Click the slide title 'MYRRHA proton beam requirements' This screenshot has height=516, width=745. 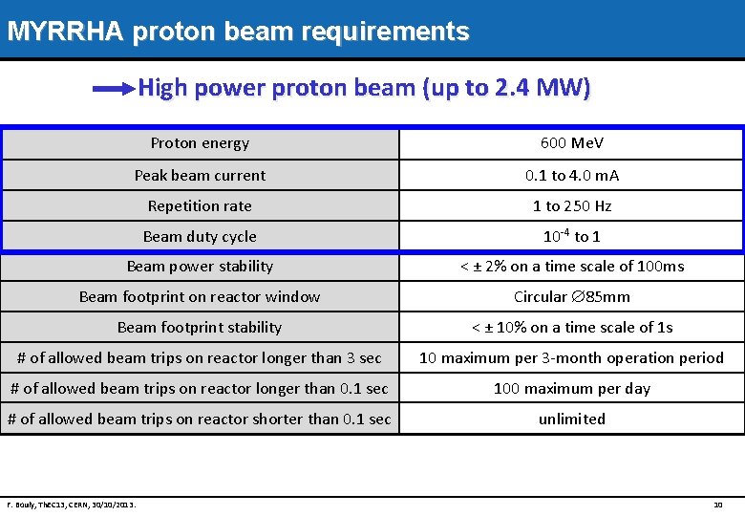[238, 32]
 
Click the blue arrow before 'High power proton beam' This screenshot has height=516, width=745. [114, 89]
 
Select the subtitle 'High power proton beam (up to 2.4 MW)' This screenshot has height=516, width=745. [365, 89]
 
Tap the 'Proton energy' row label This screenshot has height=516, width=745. [200, 143]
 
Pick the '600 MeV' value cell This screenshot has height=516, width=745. [571, 143]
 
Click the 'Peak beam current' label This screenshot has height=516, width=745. [200, 175]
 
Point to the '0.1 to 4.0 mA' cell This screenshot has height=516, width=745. [571, 175]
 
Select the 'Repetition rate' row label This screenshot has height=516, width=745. [200, 205]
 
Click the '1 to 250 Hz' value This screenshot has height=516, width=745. [571, 205]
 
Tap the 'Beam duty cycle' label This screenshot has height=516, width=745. [200, 236]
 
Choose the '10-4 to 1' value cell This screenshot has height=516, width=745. [571, 236]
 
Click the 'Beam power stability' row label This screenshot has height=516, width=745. [200, 267]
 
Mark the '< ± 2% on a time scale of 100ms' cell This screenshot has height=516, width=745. [571, 267]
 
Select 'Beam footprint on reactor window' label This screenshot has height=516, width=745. [200, 297]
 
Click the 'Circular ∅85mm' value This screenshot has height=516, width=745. [571, 297]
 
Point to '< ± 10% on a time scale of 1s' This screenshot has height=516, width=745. [571, 328]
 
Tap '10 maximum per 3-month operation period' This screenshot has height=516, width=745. [571, 358]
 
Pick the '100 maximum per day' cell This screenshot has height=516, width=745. [571, 389]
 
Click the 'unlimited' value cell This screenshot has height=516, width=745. [571, 419]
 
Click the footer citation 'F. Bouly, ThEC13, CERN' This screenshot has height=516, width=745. [71, 504]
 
